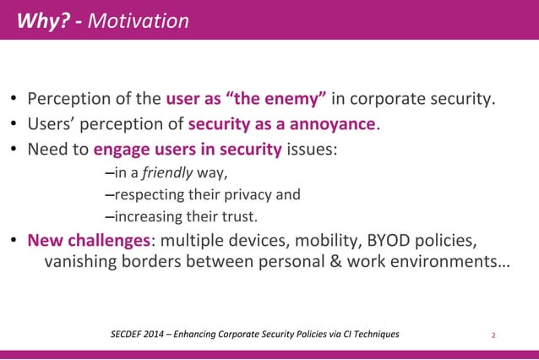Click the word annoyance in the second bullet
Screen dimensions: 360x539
click(333, 125)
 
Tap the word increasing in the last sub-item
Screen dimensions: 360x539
click(147, 215)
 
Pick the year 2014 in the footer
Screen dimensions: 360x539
click(162, 335)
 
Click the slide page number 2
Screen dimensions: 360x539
click(493, 335)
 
